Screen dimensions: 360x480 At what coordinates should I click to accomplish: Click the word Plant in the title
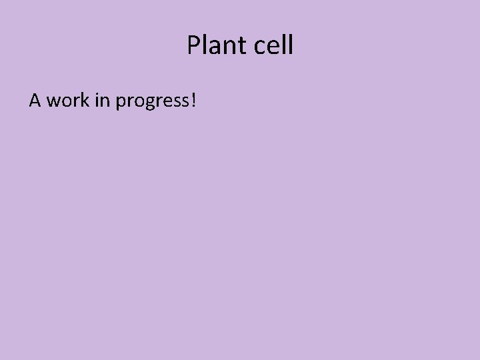[217, 46]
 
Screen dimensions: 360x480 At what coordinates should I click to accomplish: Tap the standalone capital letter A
[35, 101]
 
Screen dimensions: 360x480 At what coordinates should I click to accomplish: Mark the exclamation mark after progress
[193, 101]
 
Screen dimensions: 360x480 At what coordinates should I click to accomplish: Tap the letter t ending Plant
[243, 46]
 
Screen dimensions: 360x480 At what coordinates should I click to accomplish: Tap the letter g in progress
[145, 103]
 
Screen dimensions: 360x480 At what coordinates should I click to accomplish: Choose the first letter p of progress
[121, 103]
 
